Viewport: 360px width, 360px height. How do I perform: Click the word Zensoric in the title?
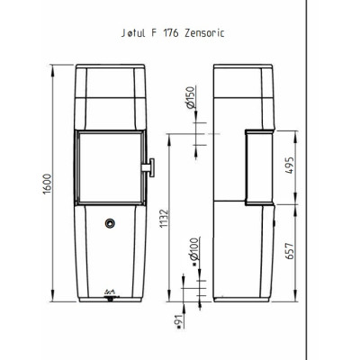204,32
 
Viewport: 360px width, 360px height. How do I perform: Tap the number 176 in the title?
170,32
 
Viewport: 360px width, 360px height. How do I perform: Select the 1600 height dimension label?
48,184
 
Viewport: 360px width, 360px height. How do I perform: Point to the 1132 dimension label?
165,218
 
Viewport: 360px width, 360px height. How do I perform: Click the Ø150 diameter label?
190,97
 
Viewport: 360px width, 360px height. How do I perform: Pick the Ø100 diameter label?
194,249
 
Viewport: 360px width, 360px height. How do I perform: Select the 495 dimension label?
290,165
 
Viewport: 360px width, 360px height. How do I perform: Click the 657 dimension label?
290,251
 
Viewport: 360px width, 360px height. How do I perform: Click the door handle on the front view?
148,167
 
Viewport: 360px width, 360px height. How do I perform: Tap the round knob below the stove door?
110,223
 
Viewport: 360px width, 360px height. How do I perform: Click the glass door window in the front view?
111,167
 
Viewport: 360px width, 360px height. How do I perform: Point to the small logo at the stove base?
110,291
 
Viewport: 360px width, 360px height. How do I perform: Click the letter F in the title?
154,32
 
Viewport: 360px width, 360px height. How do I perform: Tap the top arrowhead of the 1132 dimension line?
169,139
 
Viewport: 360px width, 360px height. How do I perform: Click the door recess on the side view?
259,167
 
